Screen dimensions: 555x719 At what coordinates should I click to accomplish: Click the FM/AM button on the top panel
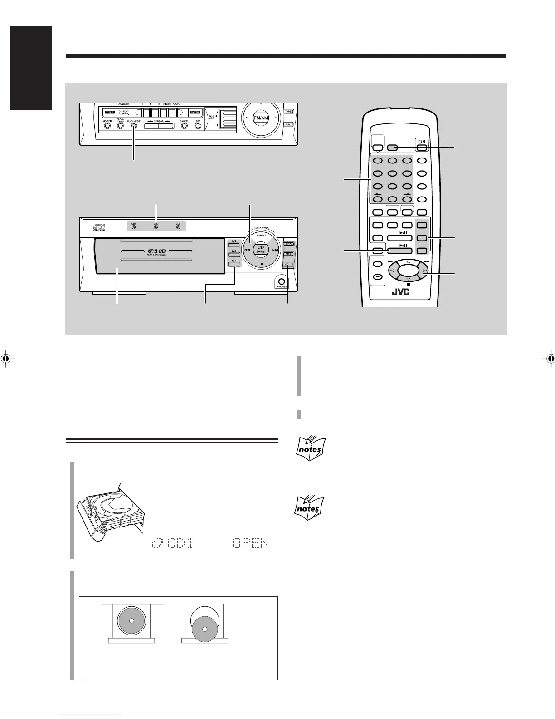(261, 118)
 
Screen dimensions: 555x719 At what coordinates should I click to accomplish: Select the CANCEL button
(184, 126)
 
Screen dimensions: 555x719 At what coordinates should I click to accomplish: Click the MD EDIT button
(107, 126)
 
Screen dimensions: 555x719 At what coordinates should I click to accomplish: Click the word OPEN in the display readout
(251, 543)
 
